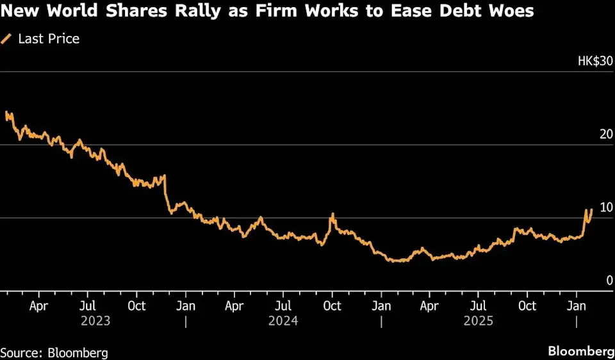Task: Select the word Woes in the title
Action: pyautogui.click(x=509, y=11)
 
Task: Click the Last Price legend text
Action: pyautogui.click(x=49, y=39)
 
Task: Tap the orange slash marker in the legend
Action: pyautogui.click(x=7, y=39)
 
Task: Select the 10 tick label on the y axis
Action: pyautogui.click(x=604, y=208)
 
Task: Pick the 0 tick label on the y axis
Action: pyautogui.click(x=609, y=280)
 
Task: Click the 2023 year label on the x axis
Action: pyautogui.click(x=95, y=320)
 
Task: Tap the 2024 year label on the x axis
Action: pyautogui.click(x=283, y=320)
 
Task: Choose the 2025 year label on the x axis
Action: pyautogui.click(x=479, y=320)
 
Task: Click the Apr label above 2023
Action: pyautogui.click(x=38, y=306)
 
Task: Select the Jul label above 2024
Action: pyautogui.click(x=283, y=306)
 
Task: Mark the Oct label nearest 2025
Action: pyautogui.click(x=527, y=306)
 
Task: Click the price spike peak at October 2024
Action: pyautogui.click(x=332, y=214)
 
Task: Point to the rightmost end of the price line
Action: pyautogui.click(x=591, y=209)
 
